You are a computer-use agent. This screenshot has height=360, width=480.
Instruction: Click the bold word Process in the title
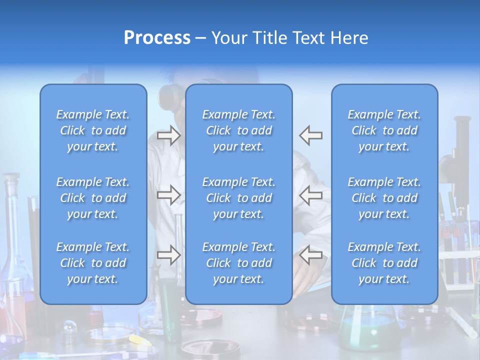157,38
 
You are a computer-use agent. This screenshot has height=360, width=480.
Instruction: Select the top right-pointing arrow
168,135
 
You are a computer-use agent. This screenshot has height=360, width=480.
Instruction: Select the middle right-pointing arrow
168,195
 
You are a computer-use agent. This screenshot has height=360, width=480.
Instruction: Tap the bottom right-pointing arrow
168,255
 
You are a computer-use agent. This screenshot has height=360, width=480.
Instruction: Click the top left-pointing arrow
310,135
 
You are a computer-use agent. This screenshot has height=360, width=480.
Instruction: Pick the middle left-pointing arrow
310,195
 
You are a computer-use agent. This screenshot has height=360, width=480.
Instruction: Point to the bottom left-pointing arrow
310,255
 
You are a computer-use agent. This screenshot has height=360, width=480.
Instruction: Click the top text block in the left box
93,130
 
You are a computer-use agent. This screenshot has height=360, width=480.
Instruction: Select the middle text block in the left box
93,198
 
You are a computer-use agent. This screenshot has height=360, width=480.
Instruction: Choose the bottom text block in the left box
93,263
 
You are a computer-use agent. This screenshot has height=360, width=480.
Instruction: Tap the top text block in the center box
238,130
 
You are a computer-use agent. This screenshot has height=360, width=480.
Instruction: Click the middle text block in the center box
238,198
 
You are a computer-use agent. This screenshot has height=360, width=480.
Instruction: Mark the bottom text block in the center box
238,263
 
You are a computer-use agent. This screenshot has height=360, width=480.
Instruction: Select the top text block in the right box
384,130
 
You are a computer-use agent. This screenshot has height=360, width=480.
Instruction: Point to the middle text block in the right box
384,198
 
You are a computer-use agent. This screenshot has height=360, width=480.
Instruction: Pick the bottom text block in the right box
384,263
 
